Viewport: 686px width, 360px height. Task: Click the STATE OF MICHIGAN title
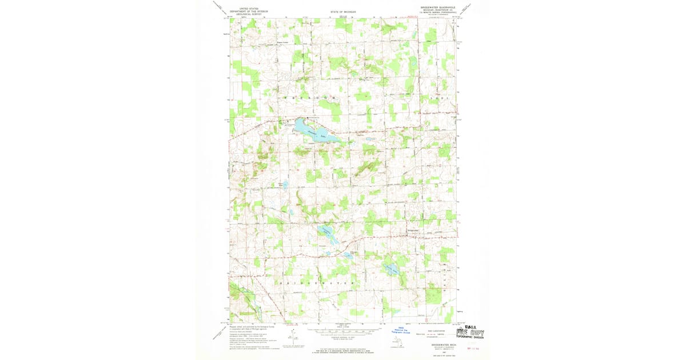342,11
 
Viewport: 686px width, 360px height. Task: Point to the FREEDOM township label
309,98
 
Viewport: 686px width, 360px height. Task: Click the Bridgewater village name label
413,230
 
